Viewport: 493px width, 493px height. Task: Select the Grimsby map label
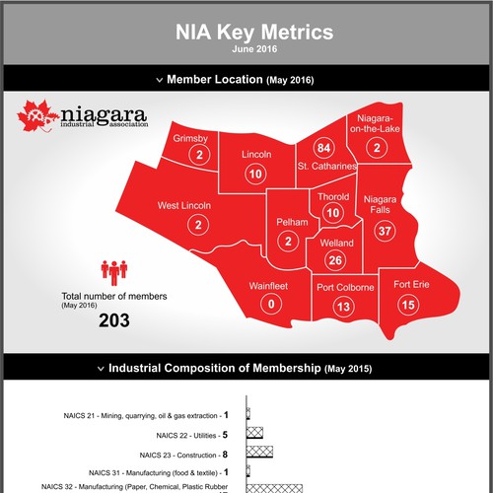click(x=190, y=138)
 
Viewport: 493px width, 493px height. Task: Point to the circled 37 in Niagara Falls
click(x=387, y=231)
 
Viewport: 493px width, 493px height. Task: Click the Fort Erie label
click(x=412, y=286)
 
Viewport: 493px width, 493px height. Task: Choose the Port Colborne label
click(x=345, y=288)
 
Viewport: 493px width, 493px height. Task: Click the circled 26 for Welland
click(x=335, y=259)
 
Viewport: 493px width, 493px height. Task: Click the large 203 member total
click(x=114, y=320)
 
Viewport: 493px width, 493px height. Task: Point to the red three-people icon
click(x=114, y=269)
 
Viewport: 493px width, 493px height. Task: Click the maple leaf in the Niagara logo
click(x=33, y=118)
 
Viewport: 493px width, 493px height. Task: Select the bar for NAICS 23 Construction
click(x=260, y=455)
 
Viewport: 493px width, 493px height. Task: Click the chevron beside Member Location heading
click(x=158, y=79)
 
